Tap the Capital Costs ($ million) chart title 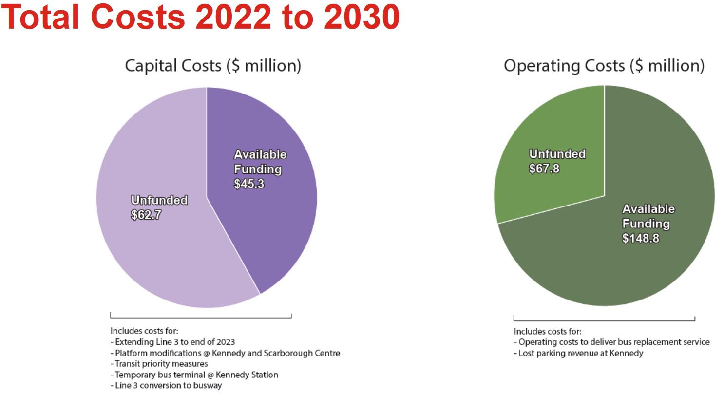(213, 65)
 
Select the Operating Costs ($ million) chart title (604, 65)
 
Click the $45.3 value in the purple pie (249, 184)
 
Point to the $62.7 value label (146, 215)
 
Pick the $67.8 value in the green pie (544, 169)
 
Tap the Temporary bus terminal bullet (194, 375)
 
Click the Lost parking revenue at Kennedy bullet (578, 353)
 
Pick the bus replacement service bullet (611, 342)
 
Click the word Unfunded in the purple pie (159, 200)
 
